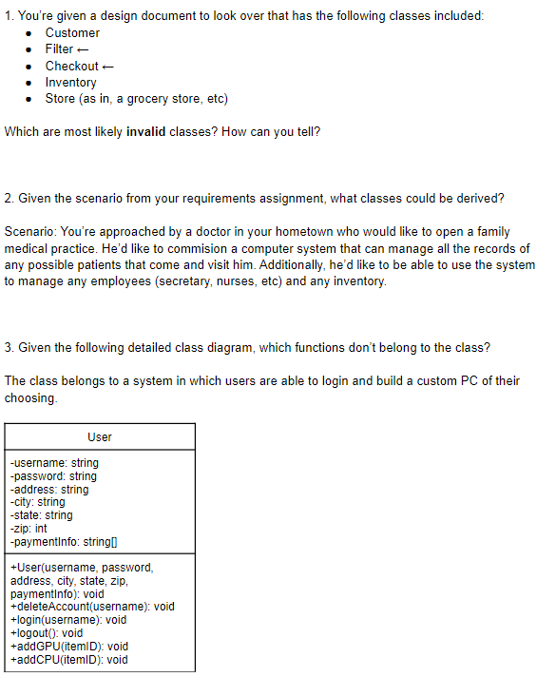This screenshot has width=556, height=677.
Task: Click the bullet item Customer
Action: (x=72, y=32)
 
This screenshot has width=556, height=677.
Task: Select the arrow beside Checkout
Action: (x=107, y=66)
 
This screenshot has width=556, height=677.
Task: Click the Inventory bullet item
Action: (x=70, y=83)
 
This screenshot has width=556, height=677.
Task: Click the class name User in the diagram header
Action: (x=100, y=437)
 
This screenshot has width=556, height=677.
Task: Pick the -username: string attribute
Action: (x=54, y=463)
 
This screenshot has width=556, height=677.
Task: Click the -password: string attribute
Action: (x=53, y=476)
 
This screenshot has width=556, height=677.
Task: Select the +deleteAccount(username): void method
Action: (x=91, y=607)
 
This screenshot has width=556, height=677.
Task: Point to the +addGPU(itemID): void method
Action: (x=68, y=647)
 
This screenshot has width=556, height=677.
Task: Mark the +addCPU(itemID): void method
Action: (x=68, y=660)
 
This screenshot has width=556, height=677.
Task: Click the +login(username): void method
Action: (x=68, y=620)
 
